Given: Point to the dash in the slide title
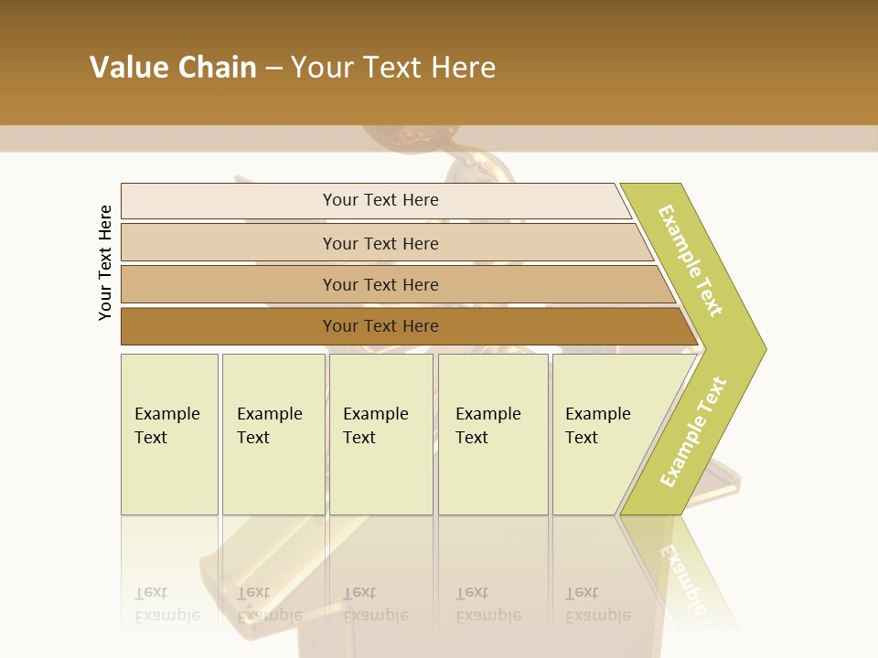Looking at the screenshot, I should coord(273,69).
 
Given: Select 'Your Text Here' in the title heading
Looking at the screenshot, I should coord(393,68).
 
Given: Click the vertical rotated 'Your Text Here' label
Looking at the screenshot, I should coord(105,262).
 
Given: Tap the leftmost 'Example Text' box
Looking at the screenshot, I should coord(169,434).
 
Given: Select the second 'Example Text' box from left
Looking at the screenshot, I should coord(273,434).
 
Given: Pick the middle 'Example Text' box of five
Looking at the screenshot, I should coord(380,434).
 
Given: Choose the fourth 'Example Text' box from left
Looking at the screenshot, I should coord(493,434).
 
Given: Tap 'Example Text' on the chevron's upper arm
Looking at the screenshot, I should coord(691,260).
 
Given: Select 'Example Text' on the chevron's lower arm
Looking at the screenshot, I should coord(693,431).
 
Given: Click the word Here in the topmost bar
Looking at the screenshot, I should coord(420,200).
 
